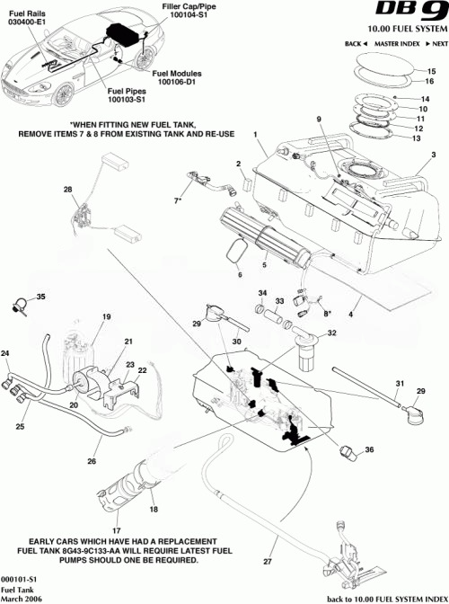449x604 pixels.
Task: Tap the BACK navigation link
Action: (354, 43)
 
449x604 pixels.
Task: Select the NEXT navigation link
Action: (436, 43)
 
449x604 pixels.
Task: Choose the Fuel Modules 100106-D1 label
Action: (178, 77)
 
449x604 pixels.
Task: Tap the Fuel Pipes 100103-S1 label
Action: (128, 94)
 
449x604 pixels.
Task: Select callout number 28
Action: (66, 190)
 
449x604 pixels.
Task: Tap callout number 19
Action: (106, 317)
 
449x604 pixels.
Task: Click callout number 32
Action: (331, 333)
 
